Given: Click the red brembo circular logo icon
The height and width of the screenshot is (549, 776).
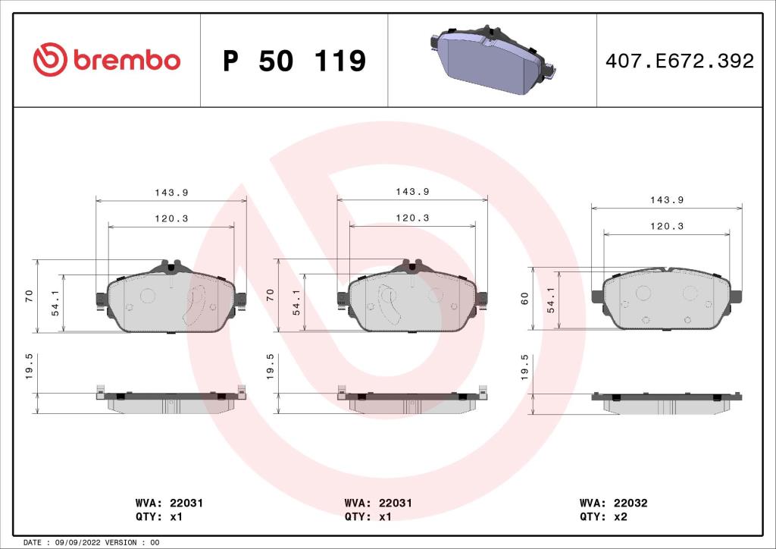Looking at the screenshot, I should coord(51,60).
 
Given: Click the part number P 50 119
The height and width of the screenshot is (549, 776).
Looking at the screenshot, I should coord(294,61).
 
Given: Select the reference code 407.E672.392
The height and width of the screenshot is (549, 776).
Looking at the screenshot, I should coord(679,61).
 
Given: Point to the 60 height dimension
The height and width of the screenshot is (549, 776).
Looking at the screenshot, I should coord(524,299).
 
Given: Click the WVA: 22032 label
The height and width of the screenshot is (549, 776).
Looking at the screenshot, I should coord(613,503).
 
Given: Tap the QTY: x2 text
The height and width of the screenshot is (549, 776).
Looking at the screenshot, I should coord(603,516).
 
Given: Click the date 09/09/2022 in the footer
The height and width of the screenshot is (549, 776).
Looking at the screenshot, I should coord(79,542).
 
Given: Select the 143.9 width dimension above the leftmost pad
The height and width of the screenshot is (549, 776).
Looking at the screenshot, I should coord(171,193).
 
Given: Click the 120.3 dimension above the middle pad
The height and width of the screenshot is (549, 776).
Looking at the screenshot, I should coord(412,218).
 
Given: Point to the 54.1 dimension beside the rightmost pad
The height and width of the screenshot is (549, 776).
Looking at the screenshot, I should coord(551,300).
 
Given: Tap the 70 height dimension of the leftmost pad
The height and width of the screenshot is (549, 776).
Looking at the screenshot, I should coord(28,296).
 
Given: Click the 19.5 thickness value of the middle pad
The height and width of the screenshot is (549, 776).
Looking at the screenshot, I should coord(271,366).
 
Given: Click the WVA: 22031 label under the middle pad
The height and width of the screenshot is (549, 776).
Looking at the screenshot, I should coord(378,503).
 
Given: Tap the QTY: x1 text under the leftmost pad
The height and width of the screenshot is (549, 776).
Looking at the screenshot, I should coord(159,516).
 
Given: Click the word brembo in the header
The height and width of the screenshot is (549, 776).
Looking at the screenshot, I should coord(127,61).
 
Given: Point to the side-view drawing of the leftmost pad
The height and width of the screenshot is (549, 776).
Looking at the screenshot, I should coord(171,401).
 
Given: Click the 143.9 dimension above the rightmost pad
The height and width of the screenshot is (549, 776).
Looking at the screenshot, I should coord(666,200).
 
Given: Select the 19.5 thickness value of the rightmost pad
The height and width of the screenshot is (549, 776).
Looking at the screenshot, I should coord(524,366).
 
